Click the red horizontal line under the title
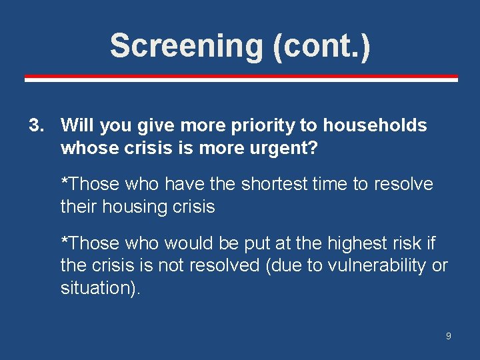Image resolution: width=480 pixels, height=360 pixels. [x=241, y=79]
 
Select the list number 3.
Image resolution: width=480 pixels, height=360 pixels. [x=36, y=125]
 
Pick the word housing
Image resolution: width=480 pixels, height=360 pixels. [x=133, y=207]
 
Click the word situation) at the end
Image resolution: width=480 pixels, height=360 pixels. [x=101, y=288]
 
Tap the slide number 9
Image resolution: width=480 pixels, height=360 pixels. [x=448, y=336]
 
